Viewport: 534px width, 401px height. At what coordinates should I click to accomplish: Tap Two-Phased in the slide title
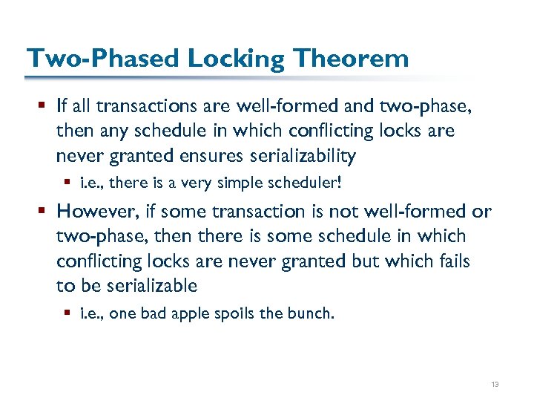coord(98,58)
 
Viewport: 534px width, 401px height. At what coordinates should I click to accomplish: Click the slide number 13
coord(495,384)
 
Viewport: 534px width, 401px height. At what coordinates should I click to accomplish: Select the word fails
coord(452,261)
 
